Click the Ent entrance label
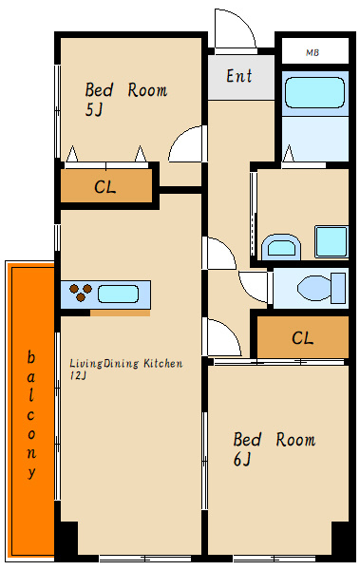(239, 76)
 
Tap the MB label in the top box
(313, 52)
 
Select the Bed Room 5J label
(126, 99)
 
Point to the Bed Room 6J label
(275, 448)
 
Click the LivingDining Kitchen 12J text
(125, 369)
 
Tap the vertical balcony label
(31, 415)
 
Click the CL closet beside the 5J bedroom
(106, 186)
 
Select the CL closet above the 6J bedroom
(303, 337)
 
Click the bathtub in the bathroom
(314, 93)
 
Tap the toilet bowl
(321, 289)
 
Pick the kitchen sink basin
(118, 294)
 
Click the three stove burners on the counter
(81, 292)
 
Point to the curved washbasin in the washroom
(281, 247)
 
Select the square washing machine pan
(332, 241)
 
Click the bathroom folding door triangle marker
(289, 154)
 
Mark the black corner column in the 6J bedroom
(340, 539)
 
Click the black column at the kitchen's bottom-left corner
(69, 539)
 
